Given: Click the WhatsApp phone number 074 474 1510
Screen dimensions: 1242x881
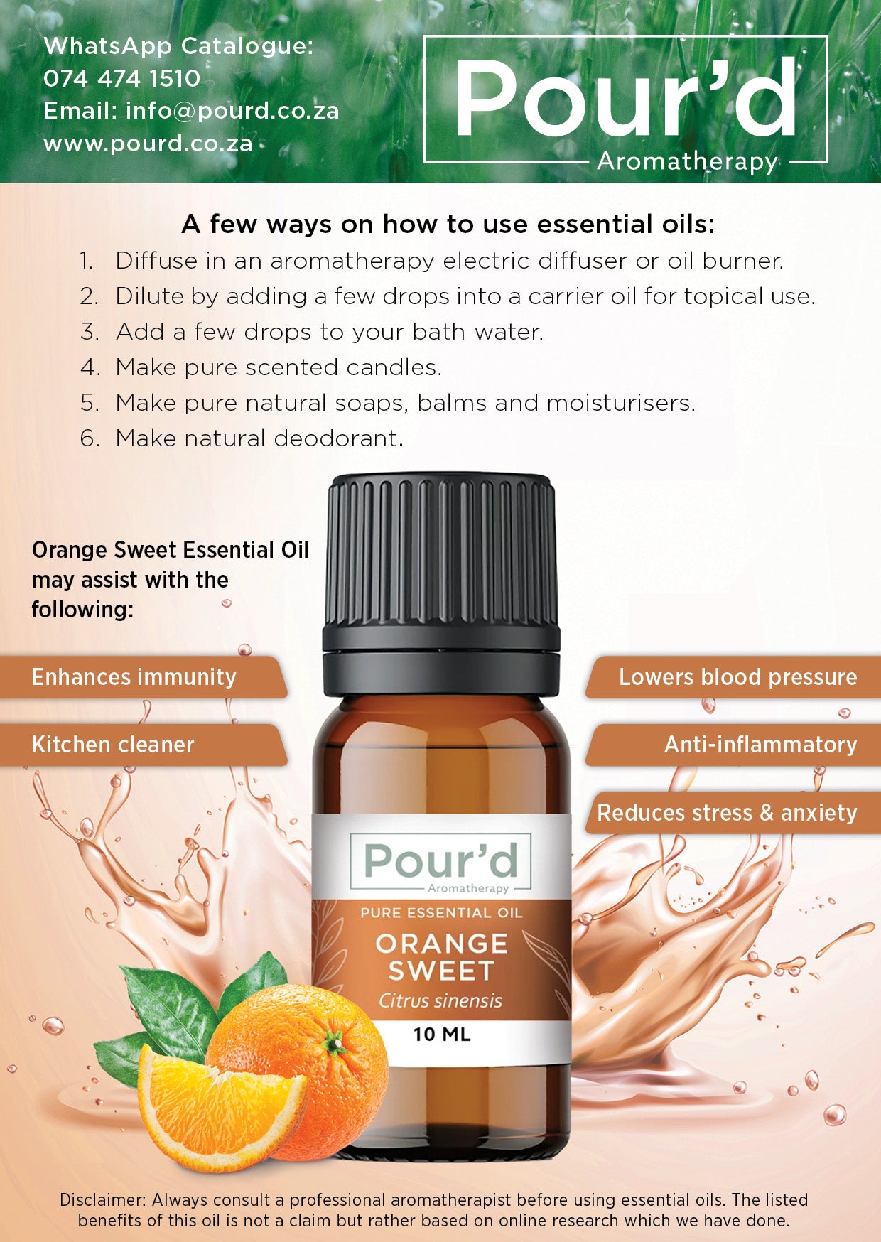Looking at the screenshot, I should (x=121, y=78).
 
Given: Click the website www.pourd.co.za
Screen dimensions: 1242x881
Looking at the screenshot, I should (x=148, y=144).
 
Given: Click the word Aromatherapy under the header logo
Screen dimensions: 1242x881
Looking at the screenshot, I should (x=687, y=161).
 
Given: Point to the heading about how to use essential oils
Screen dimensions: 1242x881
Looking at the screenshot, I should (x=448, y=225).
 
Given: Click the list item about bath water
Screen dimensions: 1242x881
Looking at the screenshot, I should (x=329, y=332).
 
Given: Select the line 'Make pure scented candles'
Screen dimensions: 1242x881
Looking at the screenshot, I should (x=279, y=367).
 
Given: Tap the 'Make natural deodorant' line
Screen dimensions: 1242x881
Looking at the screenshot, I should (x=259, y=438).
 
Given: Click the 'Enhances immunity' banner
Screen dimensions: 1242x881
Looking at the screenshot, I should (x=134, y=677).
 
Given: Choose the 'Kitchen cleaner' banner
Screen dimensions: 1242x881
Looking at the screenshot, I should (x=113, y=745).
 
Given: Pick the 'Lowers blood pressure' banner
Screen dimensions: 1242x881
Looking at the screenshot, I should (x=737, y=677).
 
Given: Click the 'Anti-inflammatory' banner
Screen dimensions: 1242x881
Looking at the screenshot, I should (x=760, y=745).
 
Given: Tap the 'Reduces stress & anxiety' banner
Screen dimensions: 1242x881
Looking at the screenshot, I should (x=727, y=813).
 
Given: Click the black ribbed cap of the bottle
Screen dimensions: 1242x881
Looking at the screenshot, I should (x=441, y=561).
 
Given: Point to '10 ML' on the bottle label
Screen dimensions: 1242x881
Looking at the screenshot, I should (x=441, y=1035).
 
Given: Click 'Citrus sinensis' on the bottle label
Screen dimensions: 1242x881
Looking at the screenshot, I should (x=440, y=1001).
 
